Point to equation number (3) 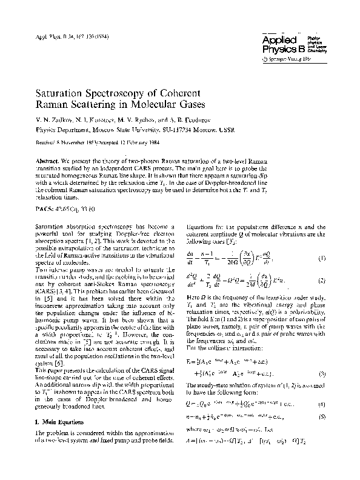(322, 390)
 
